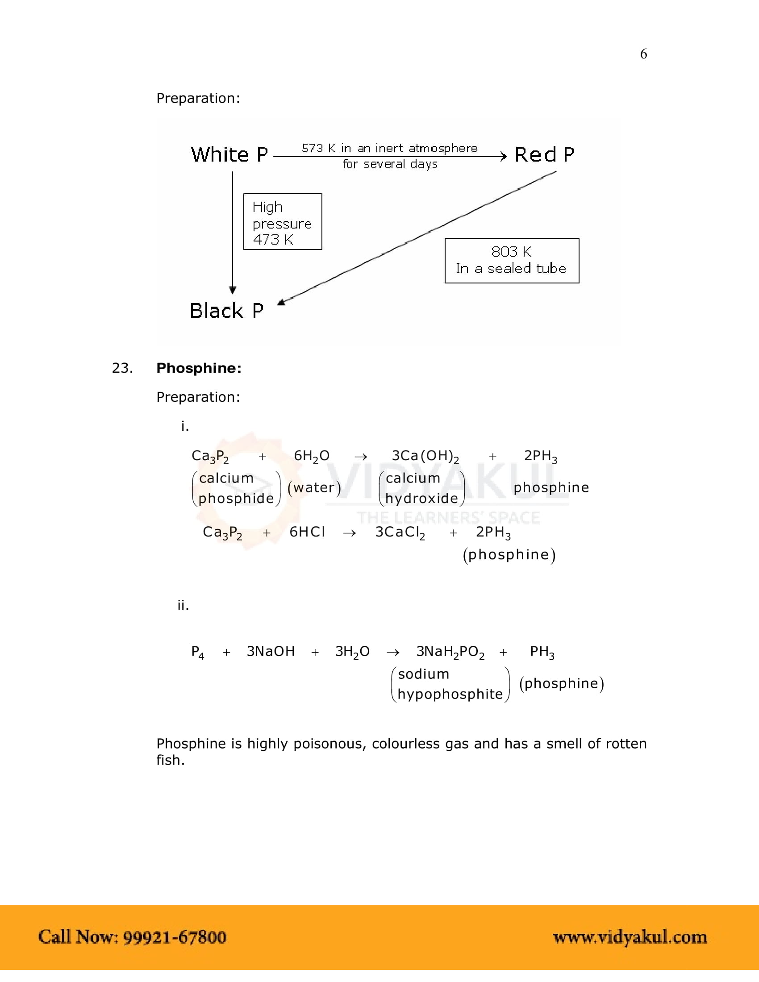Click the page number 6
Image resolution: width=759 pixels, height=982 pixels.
click(643, 54)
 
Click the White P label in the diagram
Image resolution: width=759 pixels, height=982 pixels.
click(229, 155)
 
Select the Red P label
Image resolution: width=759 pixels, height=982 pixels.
click(545, 155)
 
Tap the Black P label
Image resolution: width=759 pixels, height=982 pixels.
click(227, 311)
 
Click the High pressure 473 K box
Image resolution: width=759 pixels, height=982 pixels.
click(282, 222)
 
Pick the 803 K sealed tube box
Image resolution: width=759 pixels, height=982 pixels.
click(512, 261)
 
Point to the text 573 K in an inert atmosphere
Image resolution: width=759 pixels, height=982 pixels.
click(389, 148)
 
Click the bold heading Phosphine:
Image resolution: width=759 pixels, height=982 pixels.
click(199, 368)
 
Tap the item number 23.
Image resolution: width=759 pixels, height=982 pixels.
click(122, 368)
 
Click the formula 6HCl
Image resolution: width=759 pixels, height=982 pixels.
click(307, 532)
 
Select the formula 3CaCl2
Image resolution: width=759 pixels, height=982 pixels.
click(400, 533)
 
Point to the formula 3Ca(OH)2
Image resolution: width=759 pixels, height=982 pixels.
click(425, 456)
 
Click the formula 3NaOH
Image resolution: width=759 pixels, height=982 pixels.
click(271, 652)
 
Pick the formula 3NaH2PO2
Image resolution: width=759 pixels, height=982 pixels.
click(450, 652)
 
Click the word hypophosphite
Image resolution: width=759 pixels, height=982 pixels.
click(450, 694)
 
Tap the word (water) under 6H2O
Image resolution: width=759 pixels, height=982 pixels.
click(314, 487)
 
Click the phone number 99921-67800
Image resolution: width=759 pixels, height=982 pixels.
click(175, 937)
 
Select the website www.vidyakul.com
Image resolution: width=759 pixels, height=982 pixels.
click(630, 937)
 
